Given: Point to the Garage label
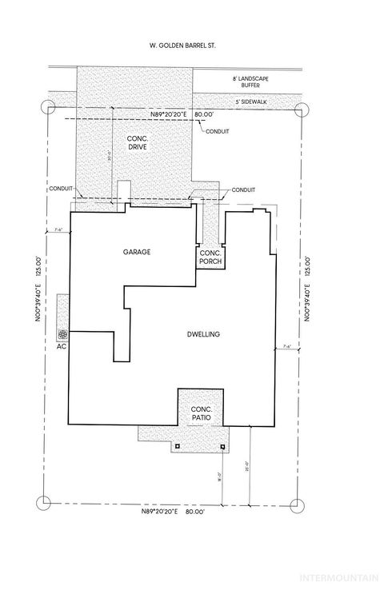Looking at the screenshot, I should pyautogui.click(x=137, y=251).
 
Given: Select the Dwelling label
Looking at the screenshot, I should pyautogui.click(x=204, y=333).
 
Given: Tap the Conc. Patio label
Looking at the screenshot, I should pyautogui.click(x=200, y=413).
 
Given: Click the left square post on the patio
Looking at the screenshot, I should pyautogui.click(x=178, y=445).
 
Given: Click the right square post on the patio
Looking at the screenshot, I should pyautogui.click(x=223, y=445).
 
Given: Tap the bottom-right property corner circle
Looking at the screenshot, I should pyautogui.click(x=298, y=504).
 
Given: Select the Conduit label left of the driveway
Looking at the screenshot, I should pyautogui.click(x=60, y=189).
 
